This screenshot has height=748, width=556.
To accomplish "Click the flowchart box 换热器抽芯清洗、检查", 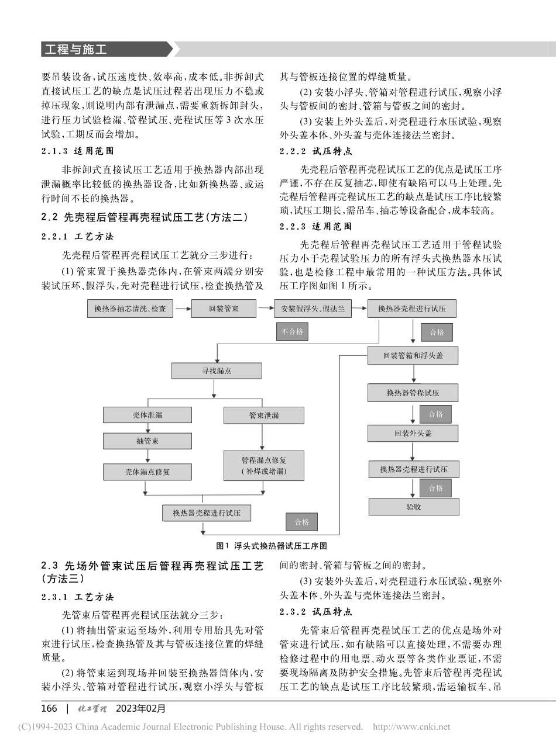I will tap(129, 308).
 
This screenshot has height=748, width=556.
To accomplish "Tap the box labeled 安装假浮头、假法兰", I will tap(313, 308).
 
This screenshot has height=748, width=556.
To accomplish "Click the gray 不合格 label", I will tap(291, 332).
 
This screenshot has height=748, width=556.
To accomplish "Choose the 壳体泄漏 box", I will tap(147, 415).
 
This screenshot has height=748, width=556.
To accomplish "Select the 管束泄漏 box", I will tap(264, 415).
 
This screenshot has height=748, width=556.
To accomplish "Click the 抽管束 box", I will tap(147, 441).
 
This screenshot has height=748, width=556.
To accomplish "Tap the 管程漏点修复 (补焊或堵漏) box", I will tap(264, 465).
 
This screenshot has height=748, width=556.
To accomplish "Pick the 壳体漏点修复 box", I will tap(147, 472).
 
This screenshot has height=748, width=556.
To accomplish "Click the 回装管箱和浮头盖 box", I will tap(413, 355).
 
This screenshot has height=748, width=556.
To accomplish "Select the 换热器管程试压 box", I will tap(413, 393).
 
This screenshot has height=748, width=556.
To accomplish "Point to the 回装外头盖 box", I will tap(413, 434).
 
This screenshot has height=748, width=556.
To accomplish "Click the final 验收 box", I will tap(413, 507).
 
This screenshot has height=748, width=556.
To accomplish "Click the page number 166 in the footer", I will tap(49, 708).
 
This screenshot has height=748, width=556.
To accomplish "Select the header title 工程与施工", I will tap(74, 50).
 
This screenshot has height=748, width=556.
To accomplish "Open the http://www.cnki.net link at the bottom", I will tap(411, 727).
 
